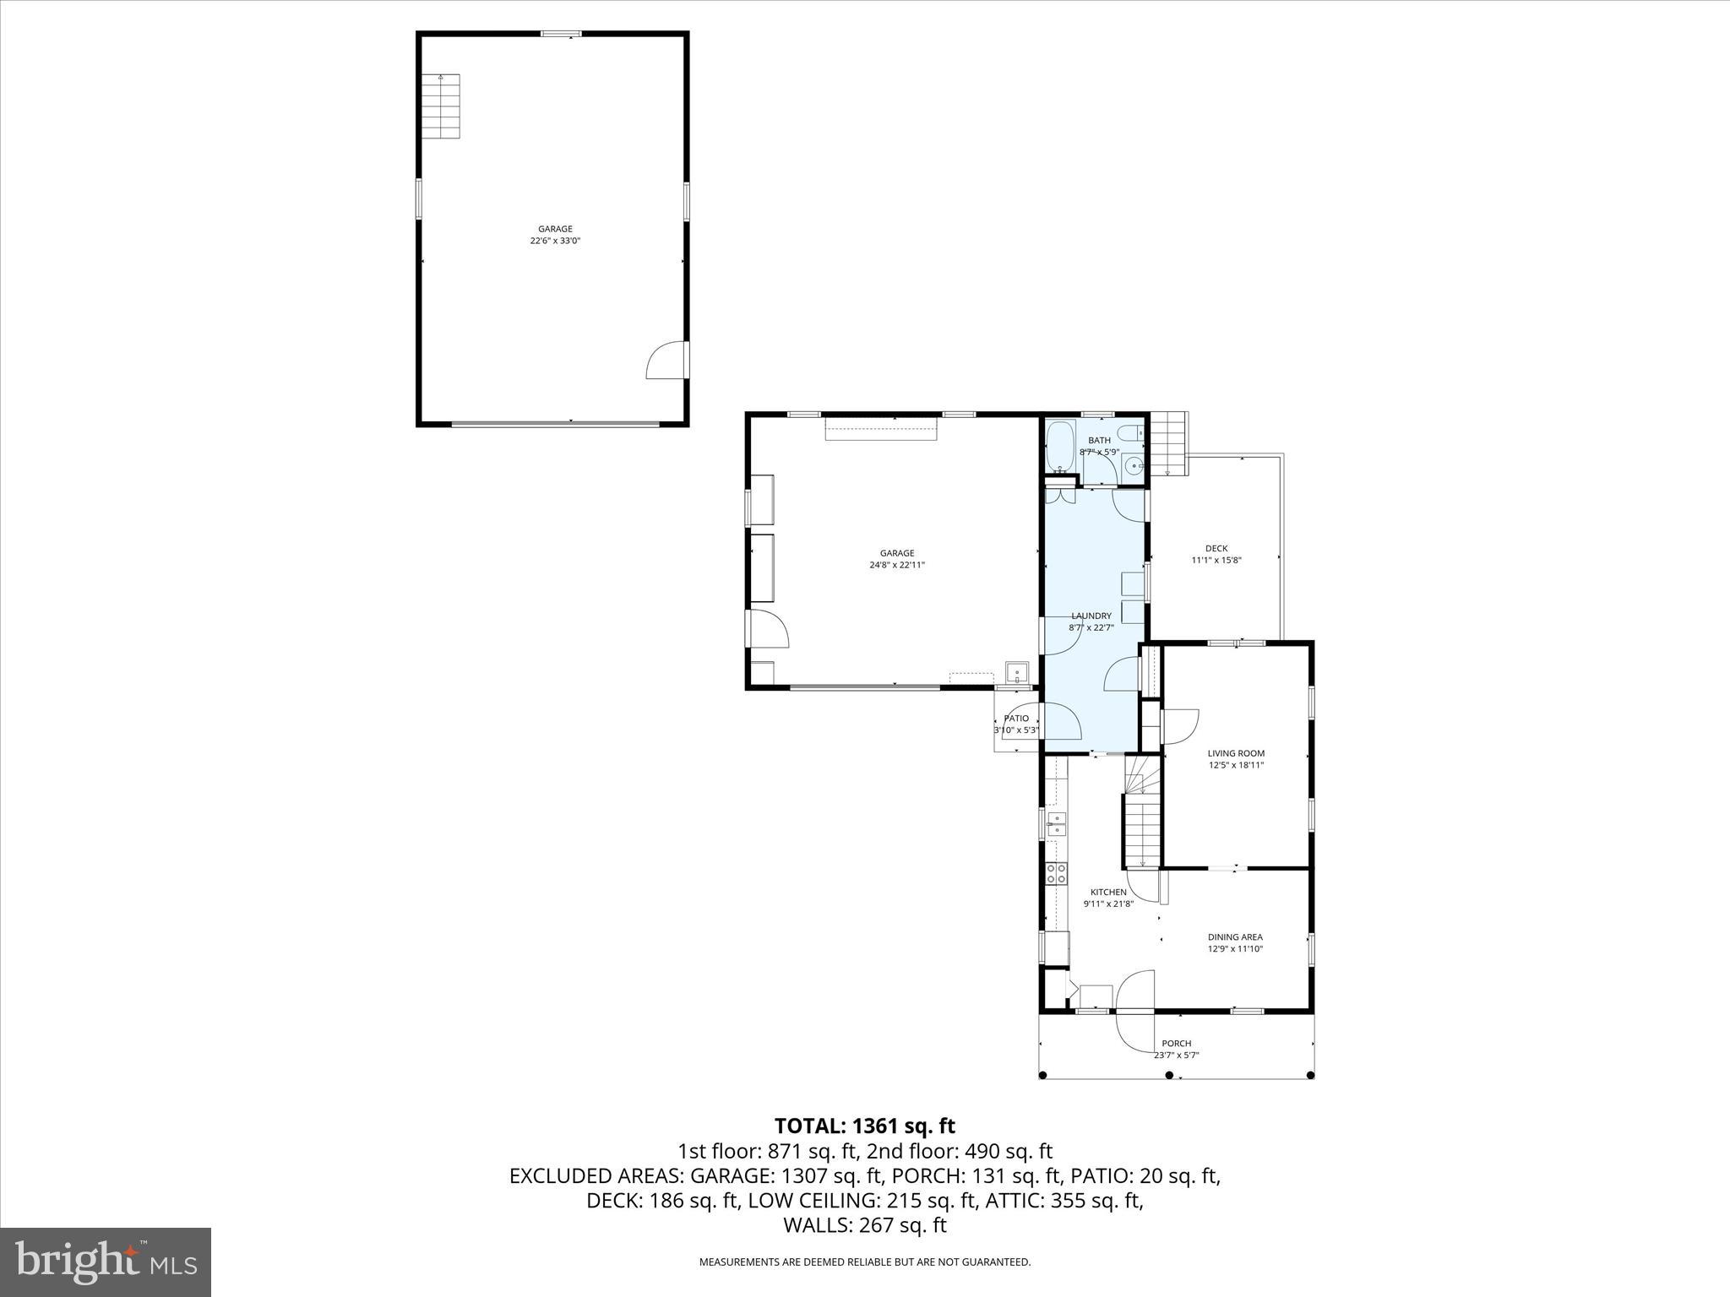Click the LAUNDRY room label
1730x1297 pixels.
(1091, 616)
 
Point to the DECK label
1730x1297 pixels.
(1216, 549)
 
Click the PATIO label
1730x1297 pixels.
(1016, 719)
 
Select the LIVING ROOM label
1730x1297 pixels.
(1236, 753)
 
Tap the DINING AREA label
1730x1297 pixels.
(1235, 937)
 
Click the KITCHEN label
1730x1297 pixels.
(1108, 893)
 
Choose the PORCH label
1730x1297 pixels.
(1177, 1044)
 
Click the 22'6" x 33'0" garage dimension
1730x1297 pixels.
(555, 241)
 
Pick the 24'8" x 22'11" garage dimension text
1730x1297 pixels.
(897, 565)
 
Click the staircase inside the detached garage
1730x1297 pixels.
(441, 106)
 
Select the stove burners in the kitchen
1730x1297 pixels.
(1056, 874)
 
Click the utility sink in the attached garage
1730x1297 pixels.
(1018, 673)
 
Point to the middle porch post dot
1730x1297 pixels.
(1170, 1075)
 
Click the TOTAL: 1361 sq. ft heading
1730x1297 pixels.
(864, 1126)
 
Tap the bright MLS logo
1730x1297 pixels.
(106, 1262)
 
